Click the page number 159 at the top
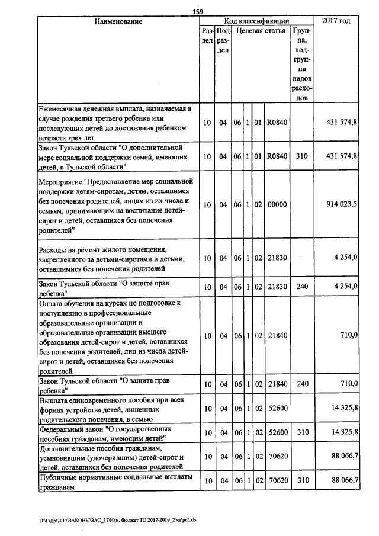198,11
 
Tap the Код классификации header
256,21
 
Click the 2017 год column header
335,21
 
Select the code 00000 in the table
277,204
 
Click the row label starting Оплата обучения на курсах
116,335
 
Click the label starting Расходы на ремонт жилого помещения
116,258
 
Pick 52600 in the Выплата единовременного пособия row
277,408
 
